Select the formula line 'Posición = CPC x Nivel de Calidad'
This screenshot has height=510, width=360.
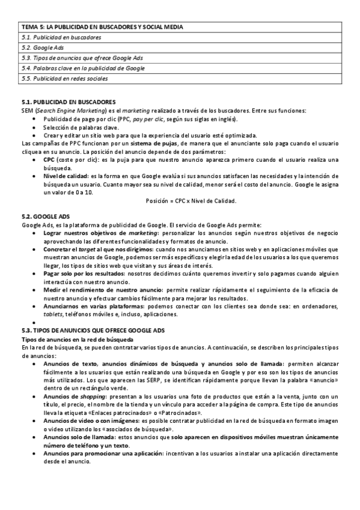[191, 200]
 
